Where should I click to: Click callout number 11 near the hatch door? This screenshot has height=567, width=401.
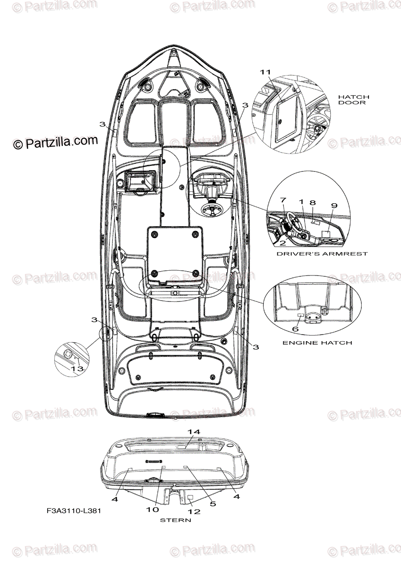click(x=265, y=72)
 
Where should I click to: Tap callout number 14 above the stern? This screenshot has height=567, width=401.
click(x=194, y=432)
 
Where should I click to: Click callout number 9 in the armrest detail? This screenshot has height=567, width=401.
click(x=334, y=206)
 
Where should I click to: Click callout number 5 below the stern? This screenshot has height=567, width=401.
click(x=213, y=504)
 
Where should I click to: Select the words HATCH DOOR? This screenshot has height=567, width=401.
click(x=353, y=99)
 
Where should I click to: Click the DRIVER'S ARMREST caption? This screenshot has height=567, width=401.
click(x=322, y=254)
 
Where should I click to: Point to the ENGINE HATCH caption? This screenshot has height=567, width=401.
click(x=317, y=343)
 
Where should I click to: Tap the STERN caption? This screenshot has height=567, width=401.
click(x=175, y=520)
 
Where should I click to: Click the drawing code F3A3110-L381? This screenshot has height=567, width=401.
click(x=73, y=511)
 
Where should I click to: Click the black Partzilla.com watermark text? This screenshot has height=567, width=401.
click(x=56, y=142)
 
